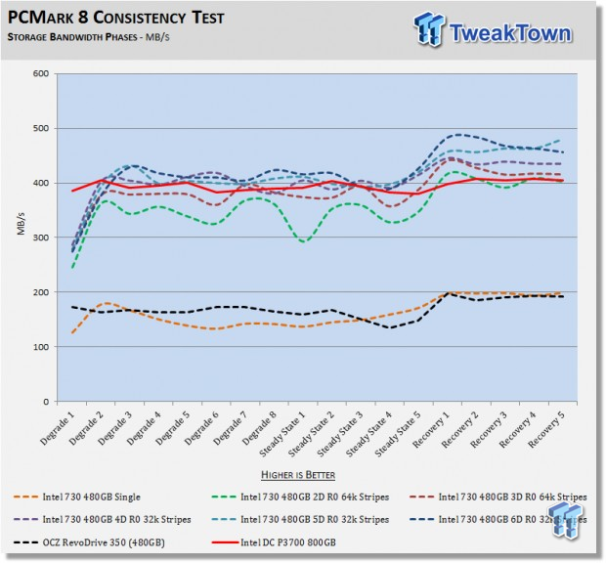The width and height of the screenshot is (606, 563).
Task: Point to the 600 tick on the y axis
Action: tap(41, 74)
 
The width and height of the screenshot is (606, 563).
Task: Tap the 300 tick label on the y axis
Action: tap(41, 238)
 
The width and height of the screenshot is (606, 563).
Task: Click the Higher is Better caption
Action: tap(303, 475)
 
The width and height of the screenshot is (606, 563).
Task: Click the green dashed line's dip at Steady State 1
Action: tap(306, 240)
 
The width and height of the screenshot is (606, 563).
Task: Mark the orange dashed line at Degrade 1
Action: tap(73, 333)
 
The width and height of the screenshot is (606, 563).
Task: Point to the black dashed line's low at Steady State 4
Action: tap(391, 327)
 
